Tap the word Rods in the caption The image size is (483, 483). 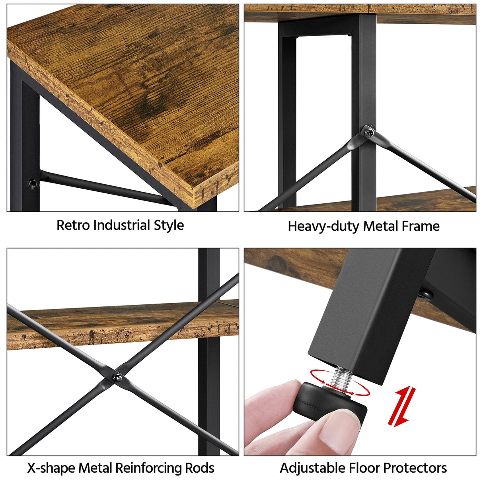coord(200,468)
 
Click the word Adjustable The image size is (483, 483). coord(312,468)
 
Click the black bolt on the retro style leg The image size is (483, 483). coord(31,183)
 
